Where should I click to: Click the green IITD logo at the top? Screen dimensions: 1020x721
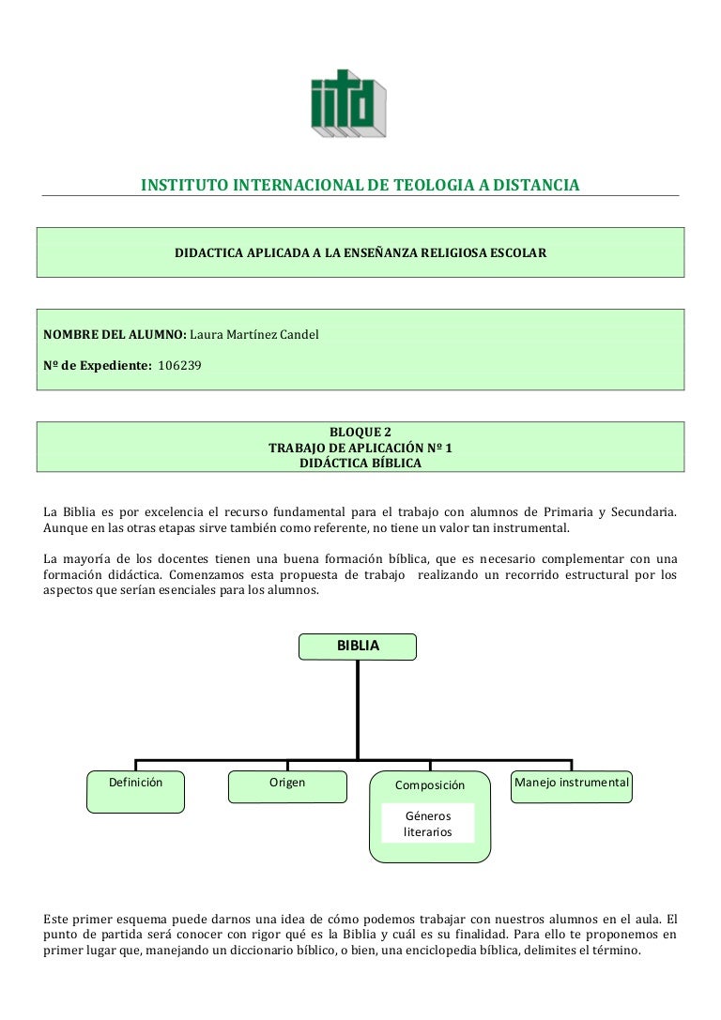coord(348,104)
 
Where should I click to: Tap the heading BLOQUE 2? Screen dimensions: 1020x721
coord(360,433)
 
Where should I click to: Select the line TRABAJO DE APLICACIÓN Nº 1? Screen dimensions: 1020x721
coord(360,448)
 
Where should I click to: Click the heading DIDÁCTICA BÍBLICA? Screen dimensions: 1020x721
coord(360,463)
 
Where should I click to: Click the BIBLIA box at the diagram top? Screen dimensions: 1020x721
coord(358,647)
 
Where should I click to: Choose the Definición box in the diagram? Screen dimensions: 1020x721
coord(136,790)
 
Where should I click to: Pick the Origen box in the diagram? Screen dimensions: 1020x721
coord(287,786)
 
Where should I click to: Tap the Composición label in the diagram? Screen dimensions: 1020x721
coord(429,784)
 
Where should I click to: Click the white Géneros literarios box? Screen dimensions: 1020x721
coord(428,824)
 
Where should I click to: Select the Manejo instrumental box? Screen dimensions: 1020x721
coord(572,786)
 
